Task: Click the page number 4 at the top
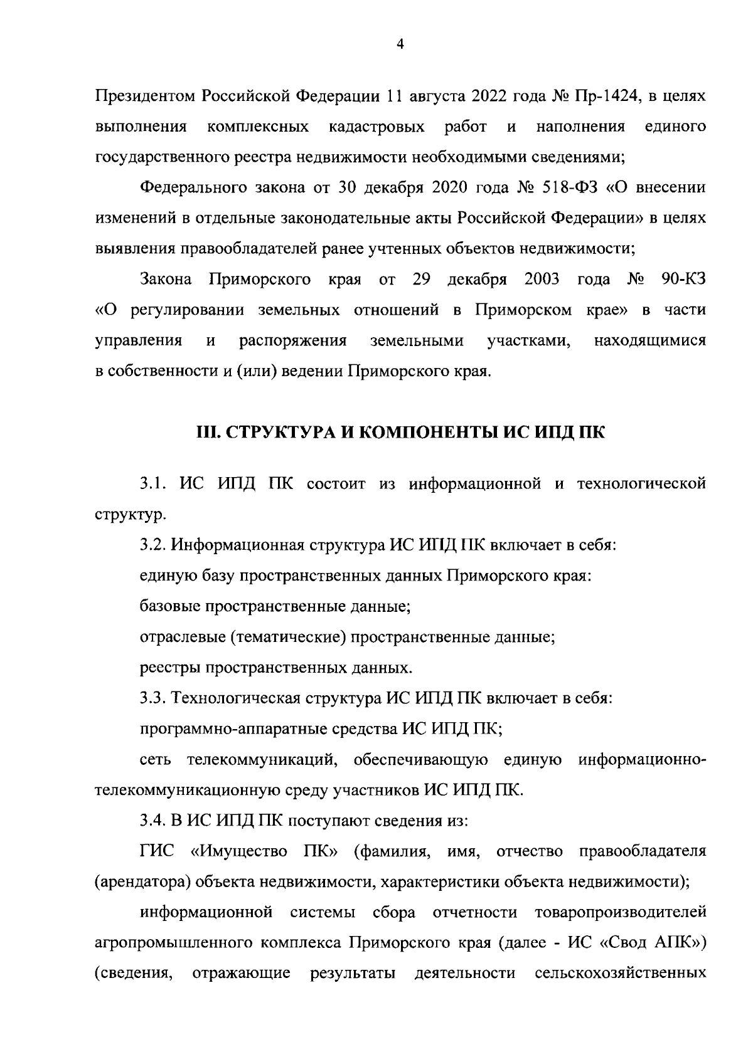point(400,43)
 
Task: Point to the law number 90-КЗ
point(683,279)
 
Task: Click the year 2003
point(542,279)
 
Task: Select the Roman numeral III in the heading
point(208,432)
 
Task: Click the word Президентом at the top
point(146,97)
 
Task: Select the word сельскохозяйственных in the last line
point(620,973)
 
